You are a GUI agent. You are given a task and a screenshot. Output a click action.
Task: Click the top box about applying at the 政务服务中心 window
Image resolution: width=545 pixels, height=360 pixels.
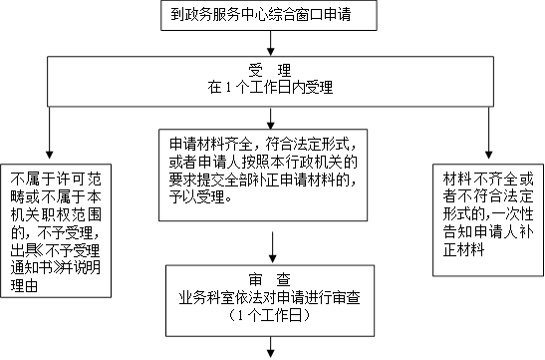269,15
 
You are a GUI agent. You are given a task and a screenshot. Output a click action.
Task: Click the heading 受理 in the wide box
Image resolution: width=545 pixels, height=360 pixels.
270,70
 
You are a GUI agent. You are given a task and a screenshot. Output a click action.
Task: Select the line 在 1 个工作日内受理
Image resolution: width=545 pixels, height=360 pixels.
270,87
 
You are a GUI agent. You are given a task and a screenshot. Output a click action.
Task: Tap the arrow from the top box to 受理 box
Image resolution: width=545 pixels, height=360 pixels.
270,43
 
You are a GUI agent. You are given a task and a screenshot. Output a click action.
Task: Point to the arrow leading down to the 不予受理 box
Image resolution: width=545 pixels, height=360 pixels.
50,133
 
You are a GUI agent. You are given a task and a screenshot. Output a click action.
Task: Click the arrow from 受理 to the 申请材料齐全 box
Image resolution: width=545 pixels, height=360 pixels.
270,119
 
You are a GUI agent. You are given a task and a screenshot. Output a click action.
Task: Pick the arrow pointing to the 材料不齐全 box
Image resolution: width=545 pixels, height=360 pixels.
488,133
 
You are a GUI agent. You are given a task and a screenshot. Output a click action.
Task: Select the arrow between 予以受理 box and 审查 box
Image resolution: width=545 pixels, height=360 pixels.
273,247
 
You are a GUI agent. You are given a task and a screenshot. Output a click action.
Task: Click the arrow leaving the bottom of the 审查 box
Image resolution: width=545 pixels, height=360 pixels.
270,347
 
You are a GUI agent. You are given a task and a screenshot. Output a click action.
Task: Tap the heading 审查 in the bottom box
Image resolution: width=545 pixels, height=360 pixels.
270,279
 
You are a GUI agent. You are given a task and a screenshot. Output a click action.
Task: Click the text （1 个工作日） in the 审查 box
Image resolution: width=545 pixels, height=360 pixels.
270,315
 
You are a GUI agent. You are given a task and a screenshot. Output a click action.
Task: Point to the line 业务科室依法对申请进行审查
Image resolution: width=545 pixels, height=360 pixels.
270,298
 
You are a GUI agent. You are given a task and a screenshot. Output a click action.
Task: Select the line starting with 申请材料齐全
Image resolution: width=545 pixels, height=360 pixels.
263,144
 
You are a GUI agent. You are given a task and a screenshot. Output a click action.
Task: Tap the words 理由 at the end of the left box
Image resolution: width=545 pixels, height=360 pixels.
24,285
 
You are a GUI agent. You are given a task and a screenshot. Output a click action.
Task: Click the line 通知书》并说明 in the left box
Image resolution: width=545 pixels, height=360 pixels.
56,268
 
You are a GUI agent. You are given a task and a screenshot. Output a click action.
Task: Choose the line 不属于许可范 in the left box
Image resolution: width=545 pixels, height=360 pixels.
56,180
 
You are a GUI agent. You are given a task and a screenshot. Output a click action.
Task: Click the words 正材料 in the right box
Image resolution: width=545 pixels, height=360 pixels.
463,249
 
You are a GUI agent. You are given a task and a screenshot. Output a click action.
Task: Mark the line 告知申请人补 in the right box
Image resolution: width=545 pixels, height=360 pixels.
488,232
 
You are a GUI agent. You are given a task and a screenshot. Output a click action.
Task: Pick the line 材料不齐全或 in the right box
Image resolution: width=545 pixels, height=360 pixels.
488,180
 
